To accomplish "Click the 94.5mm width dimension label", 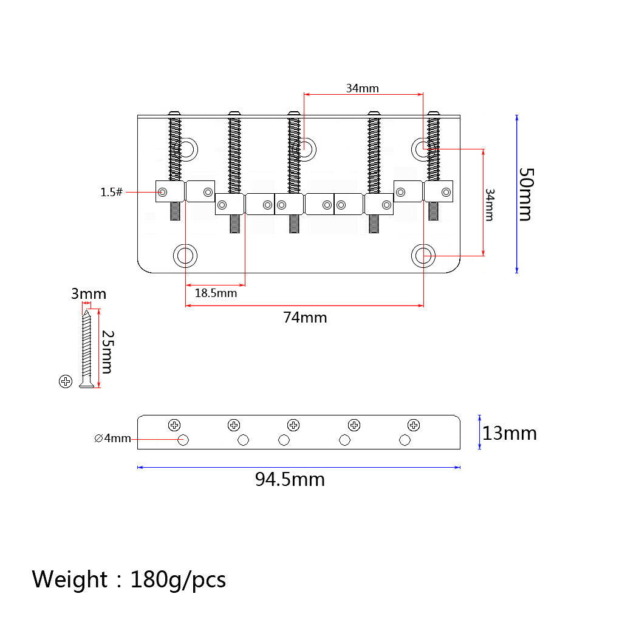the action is click(x=290, y=480).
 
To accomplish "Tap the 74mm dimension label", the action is click(x=305, y=318).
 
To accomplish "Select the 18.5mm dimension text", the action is click(x=216, y=293).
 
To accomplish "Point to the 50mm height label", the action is click(x=527, y=194).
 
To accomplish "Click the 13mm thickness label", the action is click(x=510, y=433).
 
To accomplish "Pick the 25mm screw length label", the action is click(x=108, y=352).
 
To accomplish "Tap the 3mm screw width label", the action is click(x=89, y=294).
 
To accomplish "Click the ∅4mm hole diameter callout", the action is click(x=112, y=439).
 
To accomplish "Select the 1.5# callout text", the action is click(x=112, y=193).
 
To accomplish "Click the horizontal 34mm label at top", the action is click(x=362, y=88).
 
